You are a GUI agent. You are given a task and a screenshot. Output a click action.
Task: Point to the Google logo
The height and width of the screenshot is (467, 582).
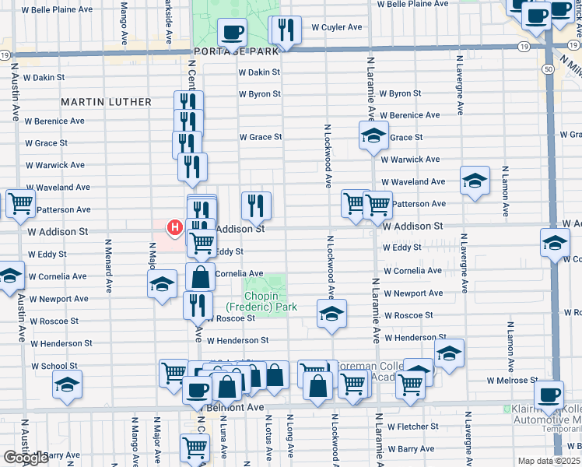26,458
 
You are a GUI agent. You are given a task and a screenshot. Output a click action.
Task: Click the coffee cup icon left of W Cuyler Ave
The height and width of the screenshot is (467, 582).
232,33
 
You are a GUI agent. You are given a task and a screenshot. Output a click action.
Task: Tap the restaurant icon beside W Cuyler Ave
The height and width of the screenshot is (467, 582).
284,30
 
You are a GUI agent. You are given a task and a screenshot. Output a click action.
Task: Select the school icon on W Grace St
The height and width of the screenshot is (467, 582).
373,135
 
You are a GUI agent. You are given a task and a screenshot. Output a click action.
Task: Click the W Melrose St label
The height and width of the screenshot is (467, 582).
512,381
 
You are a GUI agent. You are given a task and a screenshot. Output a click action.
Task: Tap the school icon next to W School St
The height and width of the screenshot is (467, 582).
67,384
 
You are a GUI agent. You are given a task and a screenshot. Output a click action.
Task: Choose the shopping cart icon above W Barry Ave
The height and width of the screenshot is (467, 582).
195,448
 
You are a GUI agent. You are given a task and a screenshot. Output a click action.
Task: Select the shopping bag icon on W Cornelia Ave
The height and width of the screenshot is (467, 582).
201,277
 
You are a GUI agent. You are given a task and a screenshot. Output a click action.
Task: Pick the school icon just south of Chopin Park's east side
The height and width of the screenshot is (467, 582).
331,314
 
